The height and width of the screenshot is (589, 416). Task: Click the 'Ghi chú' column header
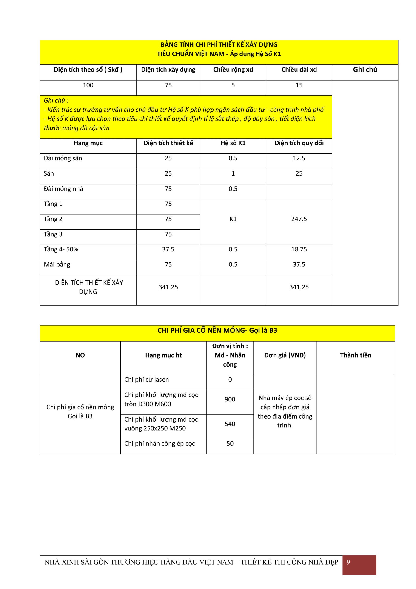(365, 70)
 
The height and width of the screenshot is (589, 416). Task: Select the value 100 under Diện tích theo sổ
(88, 85)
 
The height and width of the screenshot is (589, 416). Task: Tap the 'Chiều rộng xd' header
(233, 70)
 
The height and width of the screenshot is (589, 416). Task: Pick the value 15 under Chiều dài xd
(299, 85)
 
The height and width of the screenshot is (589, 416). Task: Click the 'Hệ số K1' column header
(233, 143)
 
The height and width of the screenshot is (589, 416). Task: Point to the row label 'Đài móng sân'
(63, 158)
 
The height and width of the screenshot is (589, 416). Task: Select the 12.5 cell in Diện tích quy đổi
(299, 158)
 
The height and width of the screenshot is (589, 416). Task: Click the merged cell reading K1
(233, 219)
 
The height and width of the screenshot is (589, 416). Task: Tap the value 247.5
(299, 219)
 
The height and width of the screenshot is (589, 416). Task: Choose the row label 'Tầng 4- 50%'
(61, 249)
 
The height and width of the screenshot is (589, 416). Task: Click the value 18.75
(299, 249)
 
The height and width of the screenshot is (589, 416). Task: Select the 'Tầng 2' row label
(53, 219)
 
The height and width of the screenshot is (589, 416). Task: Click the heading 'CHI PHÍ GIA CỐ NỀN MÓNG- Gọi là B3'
(217, 330)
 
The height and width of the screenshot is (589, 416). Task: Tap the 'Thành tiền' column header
(355, 355)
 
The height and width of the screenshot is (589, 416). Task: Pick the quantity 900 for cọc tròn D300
(230, 399)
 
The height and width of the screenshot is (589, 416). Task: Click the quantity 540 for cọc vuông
(230, 424)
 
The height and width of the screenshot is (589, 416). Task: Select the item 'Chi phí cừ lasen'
(146, 380)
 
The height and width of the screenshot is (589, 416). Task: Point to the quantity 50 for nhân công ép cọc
(230, 444)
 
